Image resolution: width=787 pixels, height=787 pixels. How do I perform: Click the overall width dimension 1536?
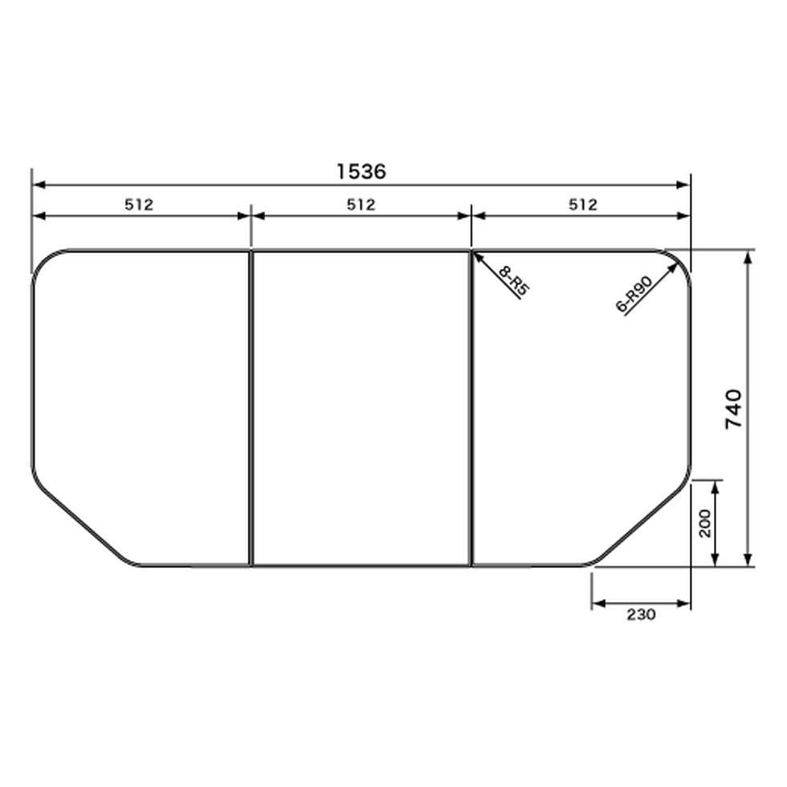[361, 172]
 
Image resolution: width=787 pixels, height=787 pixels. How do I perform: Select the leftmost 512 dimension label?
[139, 205]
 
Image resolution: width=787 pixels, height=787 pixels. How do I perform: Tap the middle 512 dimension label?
[361, 205]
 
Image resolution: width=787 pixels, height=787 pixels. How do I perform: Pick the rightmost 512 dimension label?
[583, 205]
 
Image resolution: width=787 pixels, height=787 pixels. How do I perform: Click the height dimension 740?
[734, 408]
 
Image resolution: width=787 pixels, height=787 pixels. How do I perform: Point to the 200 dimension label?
[705, 523]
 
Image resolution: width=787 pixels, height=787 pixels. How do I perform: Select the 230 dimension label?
[641, 614]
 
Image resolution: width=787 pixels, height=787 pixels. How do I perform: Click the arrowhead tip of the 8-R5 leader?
[473, 252]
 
